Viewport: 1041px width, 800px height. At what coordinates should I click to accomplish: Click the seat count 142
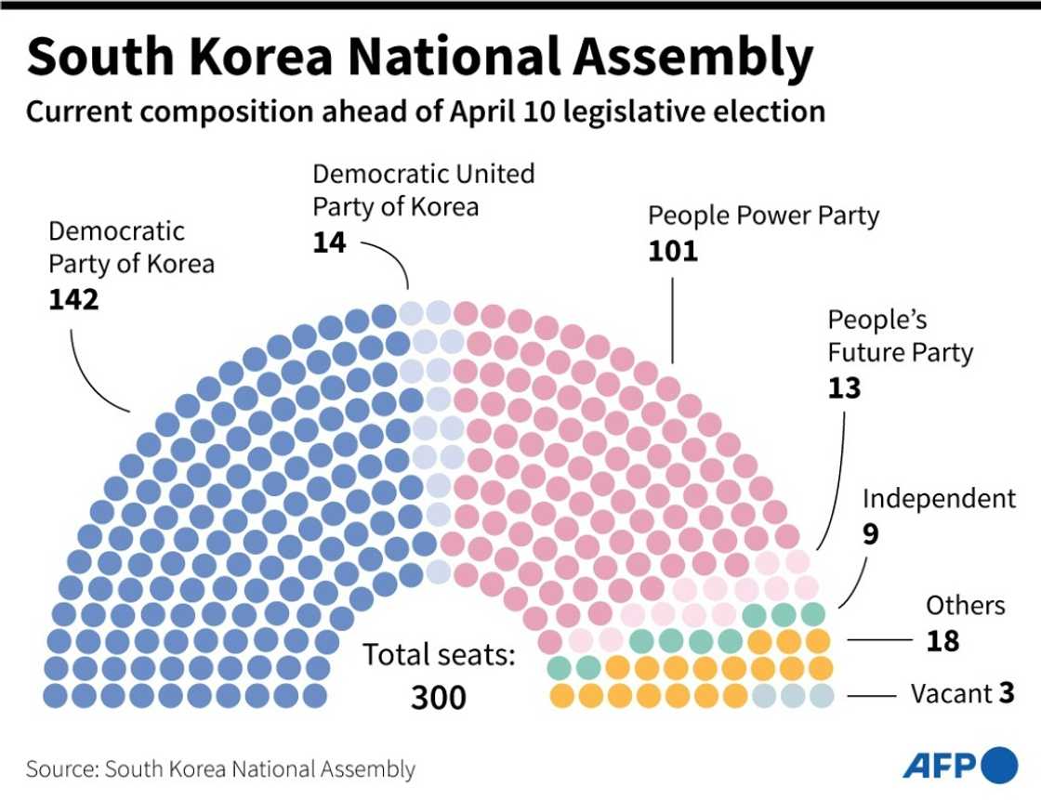pyautogui.click(x=73, y=301)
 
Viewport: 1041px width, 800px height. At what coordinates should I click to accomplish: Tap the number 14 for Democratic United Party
pyautogui.click(x=329, y=243)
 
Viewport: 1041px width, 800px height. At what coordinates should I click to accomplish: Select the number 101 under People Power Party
pyautogui.click(x=672, y=251)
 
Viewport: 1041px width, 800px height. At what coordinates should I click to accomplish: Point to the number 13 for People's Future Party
pyautogui.click(x=844, y=387)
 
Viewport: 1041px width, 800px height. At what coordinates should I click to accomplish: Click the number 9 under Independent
pyautogui.click(x=870, y=535)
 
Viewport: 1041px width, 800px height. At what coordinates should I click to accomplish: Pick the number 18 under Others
pyautogui.click(x=942, y=641)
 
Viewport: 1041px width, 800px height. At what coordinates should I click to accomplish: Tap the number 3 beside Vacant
pyautogui.click(x=1007, y=694)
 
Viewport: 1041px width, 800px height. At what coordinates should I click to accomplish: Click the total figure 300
pyautogui.click(x=439, y=697)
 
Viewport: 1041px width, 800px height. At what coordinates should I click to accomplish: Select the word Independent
pyautogui.click(x=939, y=499)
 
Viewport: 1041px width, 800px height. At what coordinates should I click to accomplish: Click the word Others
pyautogui.click(x=965, y=606)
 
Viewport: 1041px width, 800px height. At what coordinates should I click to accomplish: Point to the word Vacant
pyautogui.click(x=951, y=694)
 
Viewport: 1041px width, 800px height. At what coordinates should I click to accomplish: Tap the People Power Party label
pyautogui.click(x=763, y=216)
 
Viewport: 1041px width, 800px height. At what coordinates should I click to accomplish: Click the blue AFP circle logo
pyautogui.click(x=1000, y=765)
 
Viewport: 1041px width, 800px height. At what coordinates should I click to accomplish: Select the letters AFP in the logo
pyautogui.click(x=940, y=766)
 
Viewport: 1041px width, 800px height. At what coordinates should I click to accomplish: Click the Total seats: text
pyautogui.click(x=439, y=655)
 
